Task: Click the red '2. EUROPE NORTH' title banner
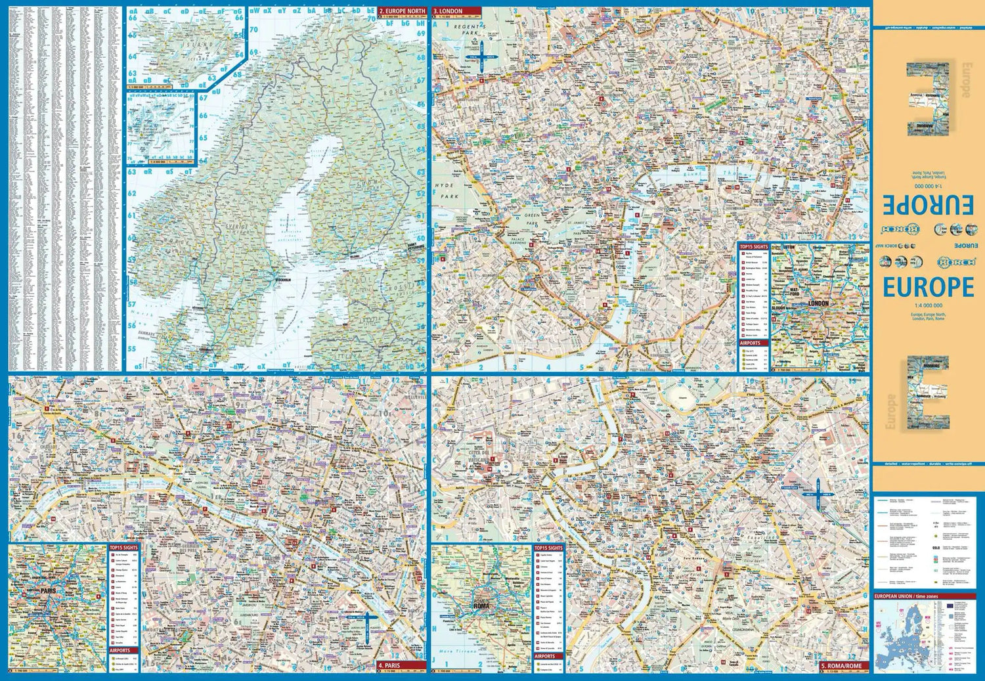click(x=402, y=11)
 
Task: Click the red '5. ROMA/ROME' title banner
click(x=843, y=665)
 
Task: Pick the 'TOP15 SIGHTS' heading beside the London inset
click(x=753, y=247)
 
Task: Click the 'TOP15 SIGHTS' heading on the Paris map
click(x=123, y=547)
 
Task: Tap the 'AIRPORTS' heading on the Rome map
click(x=545, y=656)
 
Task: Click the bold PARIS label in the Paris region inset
click(x=49, y=590)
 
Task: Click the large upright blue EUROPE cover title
click(x=928, y=287)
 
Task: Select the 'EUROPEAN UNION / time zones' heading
click(x=906, y=596)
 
